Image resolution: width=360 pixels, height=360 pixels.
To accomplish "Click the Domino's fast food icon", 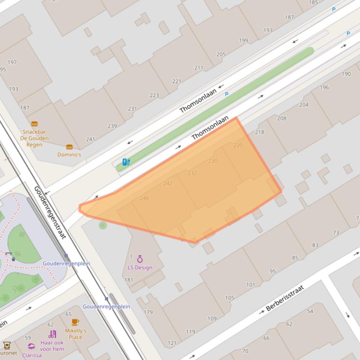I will coord(69,147).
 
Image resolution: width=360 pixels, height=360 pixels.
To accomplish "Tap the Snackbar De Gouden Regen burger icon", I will coord(34,124).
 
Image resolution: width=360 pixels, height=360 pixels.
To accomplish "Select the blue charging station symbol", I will coord(126,162).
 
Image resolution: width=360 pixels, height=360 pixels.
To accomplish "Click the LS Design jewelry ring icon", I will coord(140,259).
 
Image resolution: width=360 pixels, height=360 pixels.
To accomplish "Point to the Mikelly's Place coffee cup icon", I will coord(75,322).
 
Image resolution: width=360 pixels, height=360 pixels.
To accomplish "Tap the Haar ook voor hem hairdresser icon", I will coord(52,334).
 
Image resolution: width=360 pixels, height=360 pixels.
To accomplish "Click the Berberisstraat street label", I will coord(285,299).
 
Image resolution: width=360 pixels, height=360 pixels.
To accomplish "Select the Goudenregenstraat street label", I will coord(50,212).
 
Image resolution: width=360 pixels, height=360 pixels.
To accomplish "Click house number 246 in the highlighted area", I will coord(144,198).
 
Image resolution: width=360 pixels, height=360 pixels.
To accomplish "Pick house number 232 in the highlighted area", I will coord(192,173).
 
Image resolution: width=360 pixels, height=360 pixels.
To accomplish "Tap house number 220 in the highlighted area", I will coord(238,145).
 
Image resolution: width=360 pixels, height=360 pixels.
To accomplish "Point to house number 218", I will coord(259,132).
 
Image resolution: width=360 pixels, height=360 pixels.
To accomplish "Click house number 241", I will coord(90,139).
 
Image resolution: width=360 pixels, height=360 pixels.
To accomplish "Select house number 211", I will coord(198,68).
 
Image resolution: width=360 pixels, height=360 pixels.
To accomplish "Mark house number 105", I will coord(229,298).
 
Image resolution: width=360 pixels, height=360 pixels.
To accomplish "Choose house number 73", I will coord(336,232).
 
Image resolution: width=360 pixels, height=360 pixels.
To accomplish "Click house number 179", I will coord(148,312).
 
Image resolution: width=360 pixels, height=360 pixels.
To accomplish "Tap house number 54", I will coord(310,311).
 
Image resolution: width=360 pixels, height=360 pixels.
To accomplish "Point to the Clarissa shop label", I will coord(32,355).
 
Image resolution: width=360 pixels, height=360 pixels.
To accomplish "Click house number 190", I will coord(346,74).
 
